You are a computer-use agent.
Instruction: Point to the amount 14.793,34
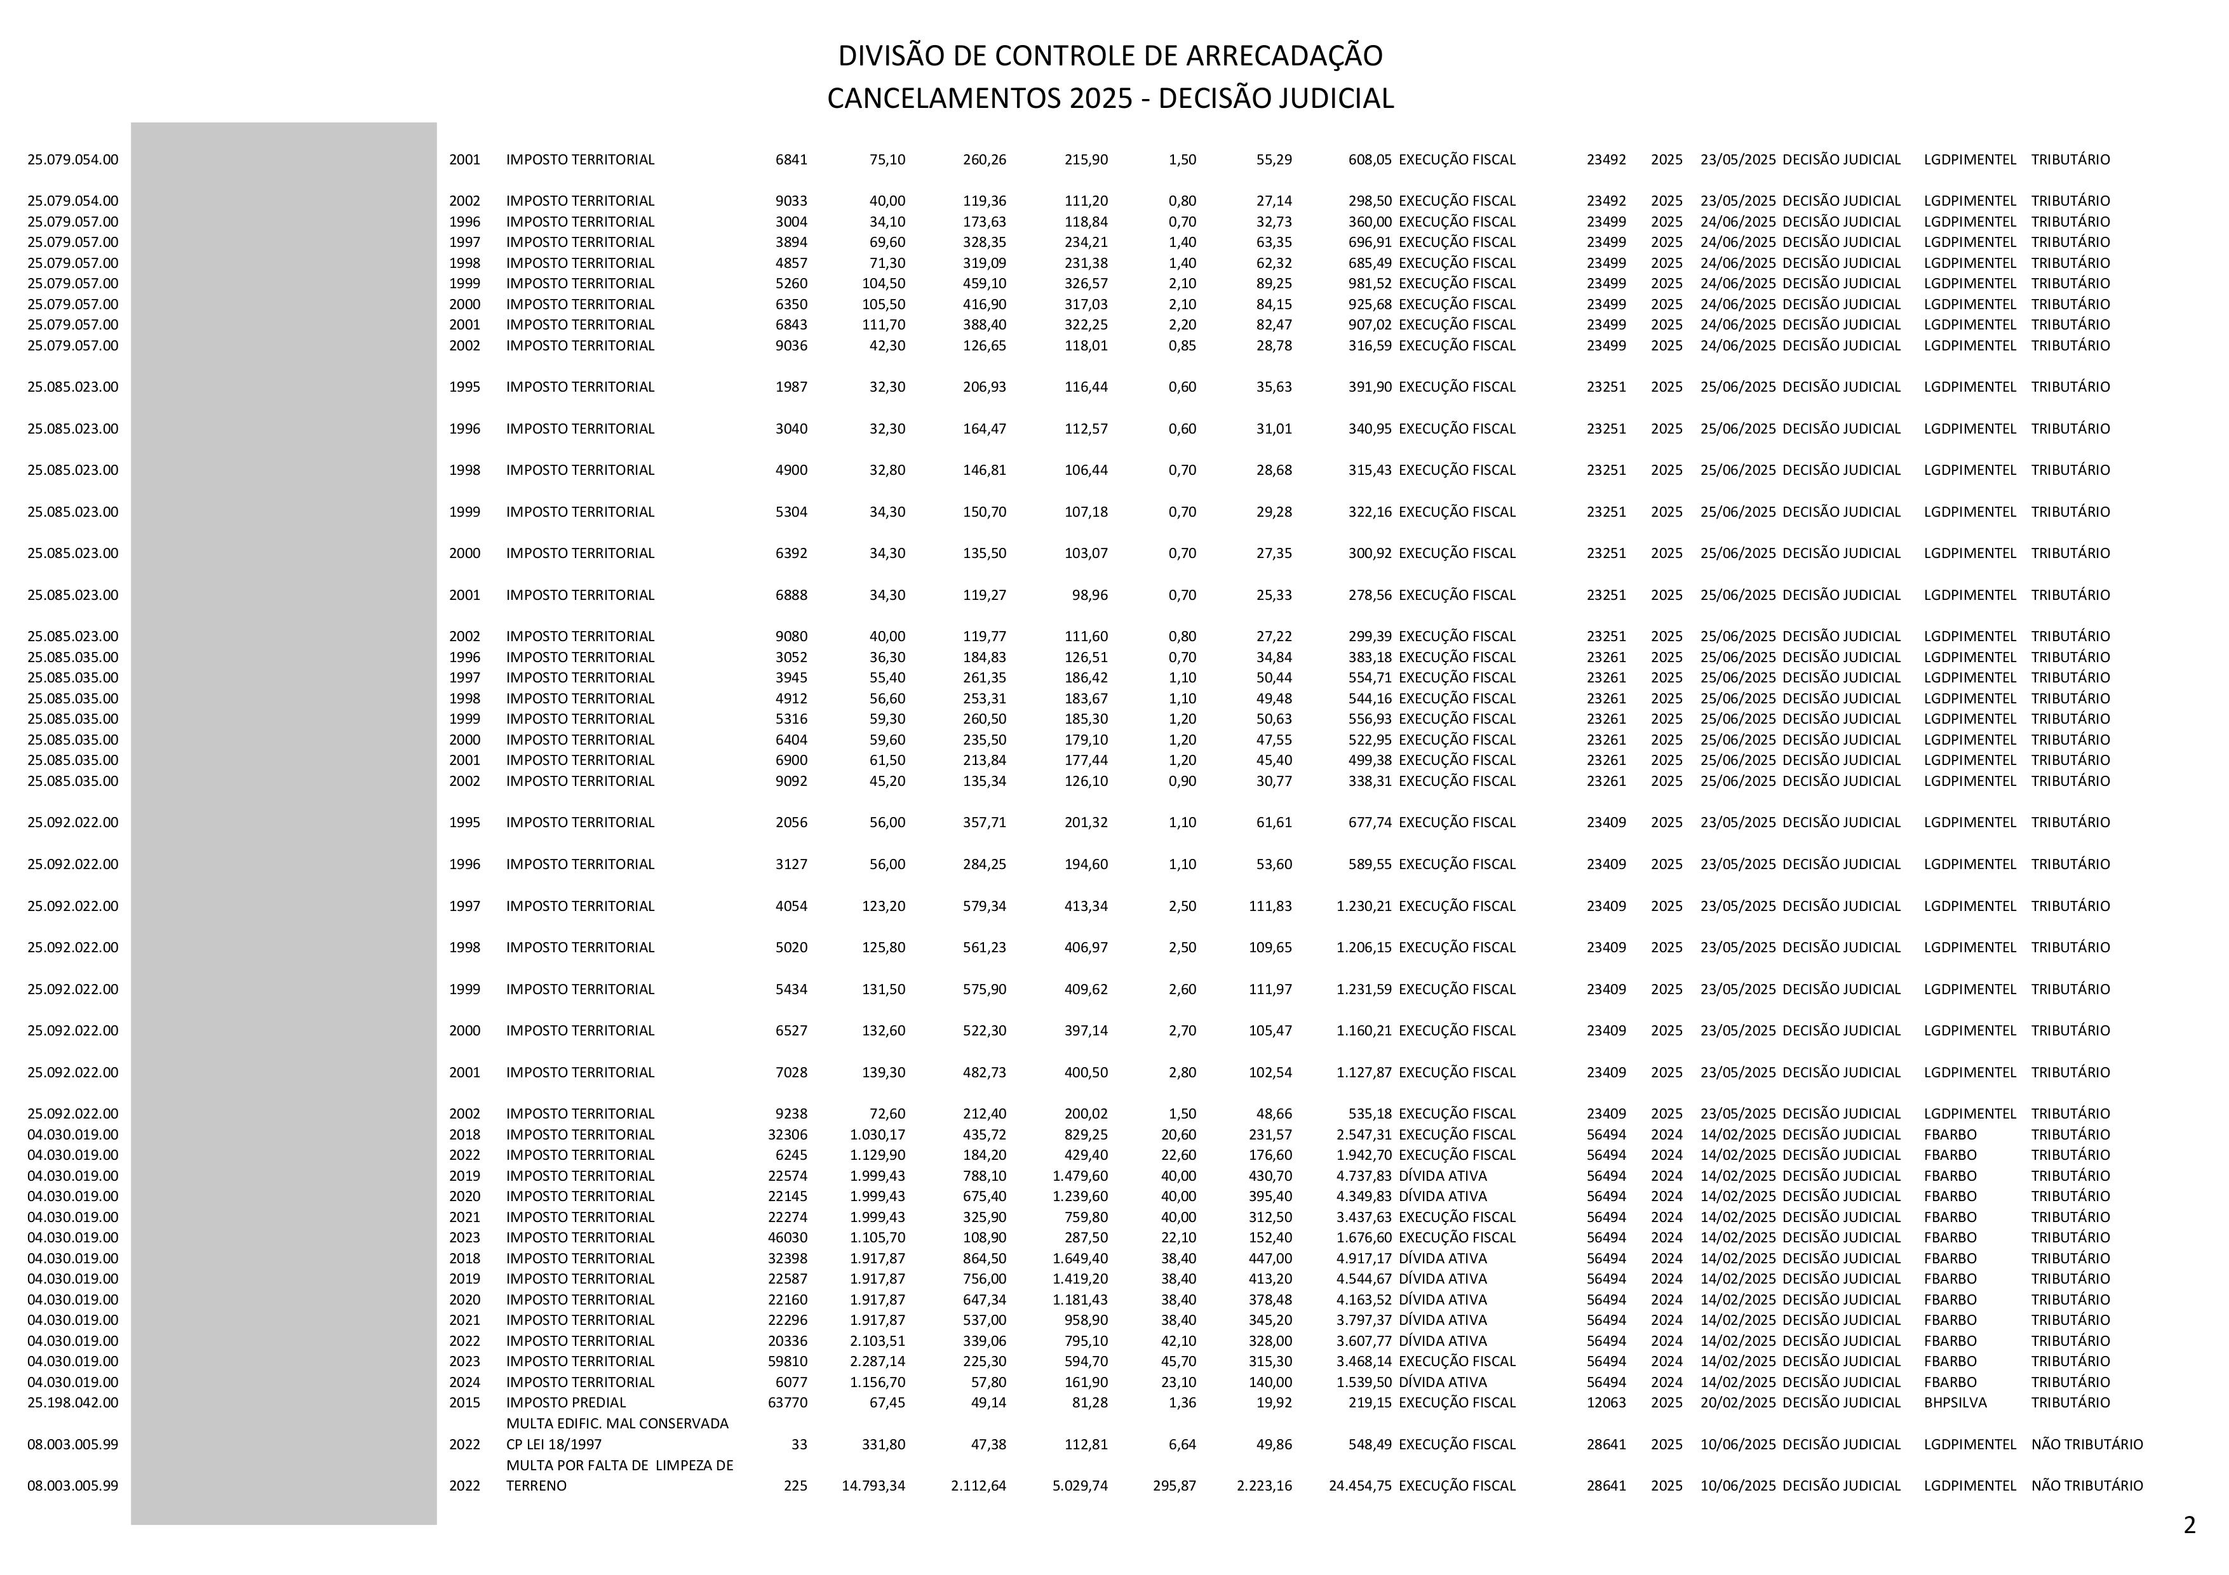coord(873,1485)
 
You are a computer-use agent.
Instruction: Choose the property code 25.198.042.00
coord(73,1402)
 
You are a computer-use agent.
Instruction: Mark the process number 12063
coord(1606,1402)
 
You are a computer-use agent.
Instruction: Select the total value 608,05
coord(1370,159)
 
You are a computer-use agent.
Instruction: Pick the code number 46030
coord(787,1237)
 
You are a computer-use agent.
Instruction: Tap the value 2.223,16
coord(1264,1485)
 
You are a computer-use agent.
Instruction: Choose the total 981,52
coord(1370,283)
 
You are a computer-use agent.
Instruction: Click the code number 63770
coord(787,1402)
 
